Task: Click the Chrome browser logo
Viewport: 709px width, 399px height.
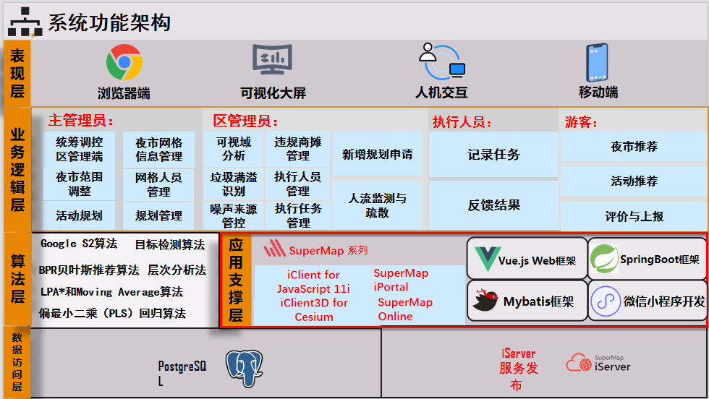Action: [x=124, y=62]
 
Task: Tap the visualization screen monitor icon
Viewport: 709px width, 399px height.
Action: [x=272, y=59]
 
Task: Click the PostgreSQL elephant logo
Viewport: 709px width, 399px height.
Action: [x=245, y=368]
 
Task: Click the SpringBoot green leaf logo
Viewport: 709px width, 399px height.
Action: [x=605, y=259]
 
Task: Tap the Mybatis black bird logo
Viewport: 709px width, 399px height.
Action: [x=485, y=300]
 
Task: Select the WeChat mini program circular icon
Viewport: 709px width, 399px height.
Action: [x=606, y=301]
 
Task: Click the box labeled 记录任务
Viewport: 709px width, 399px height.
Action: [x=493, y=155]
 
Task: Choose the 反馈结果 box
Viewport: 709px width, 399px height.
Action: [x=493, y=205]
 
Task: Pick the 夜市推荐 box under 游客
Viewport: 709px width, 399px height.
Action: [x=634, y=147]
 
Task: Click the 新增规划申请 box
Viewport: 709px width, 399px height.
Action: [x=377, y=154]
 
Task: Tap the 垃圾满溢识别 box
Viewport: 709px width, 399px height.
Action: [x=233, y=184]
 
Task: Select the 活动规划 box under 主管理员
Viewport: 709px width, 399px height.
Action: [x=79, y=215]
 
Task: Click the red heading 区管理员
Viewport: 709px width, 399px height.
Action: [x=245, y=121]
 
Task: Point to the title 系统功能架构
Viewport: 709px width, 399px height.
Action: [x=109, y=22]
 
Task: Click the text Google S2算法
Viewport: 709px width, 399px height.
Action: [x=79, y=244]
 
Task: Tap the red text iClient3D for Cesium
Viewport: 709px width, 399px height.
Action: [x=314, y=309]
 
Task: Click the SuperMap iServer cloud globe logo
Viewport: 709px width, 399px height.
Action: [x=579, y=362]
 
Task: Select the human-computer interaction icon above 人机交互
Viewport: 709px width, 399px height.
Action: [x=442, y=61]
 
